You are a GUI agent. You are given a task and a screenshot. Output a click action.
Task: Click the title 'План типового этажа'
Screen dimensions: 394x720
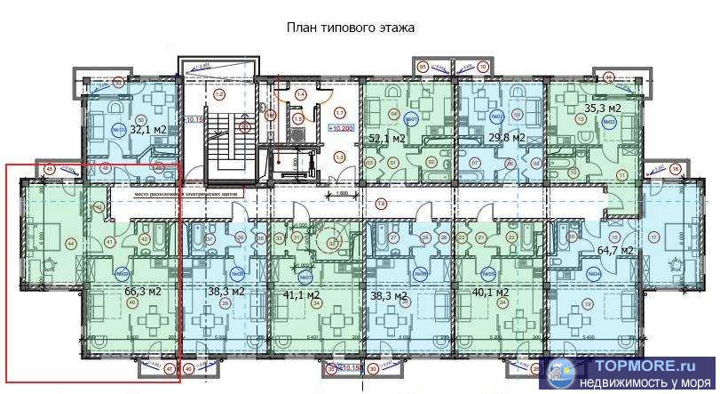click(x=350, y=28)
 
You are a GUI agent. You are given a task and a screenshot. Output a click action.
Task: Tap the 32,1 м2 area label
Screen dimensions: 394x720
click(x=148, y=129)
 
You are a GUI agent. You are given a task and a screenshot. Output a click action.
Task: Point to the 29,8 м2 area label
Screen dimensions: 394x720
click(x=507, y=138)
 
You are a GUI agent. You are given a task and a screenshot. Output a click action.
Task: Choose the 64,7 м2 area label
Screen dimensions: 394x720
click(x=614, y=251)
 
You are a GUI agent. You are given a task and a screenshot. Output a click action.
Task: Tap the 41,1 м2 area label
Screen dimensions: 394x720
click(x=301, y=293)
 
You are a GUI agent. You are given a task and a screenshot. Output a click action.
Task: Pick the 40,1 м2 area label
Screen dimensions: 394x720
click(x=490, y=292)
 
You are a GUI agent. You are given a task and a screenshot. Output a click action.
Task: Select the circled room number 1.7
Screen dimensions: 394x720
click(x=340, y=112)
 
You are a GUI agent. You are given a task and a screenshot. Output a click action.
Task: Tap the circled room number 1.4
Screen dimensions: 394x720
click(x=300, y=94)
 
